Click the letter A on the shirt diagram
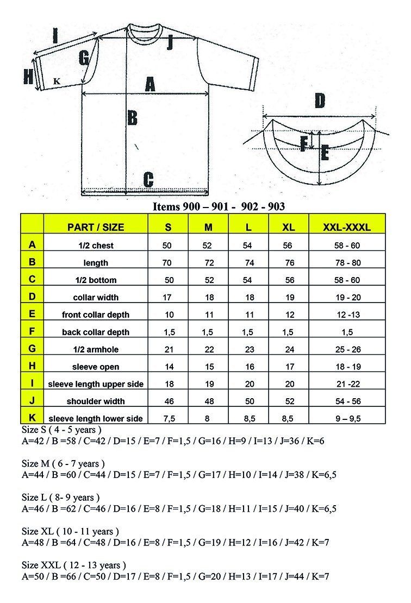(x=150, y=84)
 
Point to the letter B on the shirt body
(x=132, y=117)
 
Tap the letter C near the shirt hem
(x=148, y=179)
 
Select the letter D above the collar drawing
(x=320, y=101)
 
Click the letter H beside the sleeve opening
(x=28, y=77)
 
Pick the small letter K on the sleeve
(x=56, y=81)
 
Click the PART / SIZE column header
(x=96, y=228)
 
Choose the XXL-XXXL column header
(x=347, y=228)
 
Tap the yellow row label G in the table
(x=32, y=349)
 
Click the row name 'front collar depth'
(x=96, y=315)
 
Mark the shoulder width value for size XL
(x=290, y=401)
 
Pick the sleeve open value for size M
(x=207, y=367)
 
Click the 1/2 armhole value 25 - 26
(x=347, y=349)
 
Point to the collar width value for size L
(x=248, y=297)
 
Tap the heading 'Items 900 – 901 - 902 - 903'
(x=219, y=206)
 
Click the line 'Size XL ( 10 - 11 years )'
(x=70, y=531)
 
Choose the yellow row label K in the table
(x=32, y=417)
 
